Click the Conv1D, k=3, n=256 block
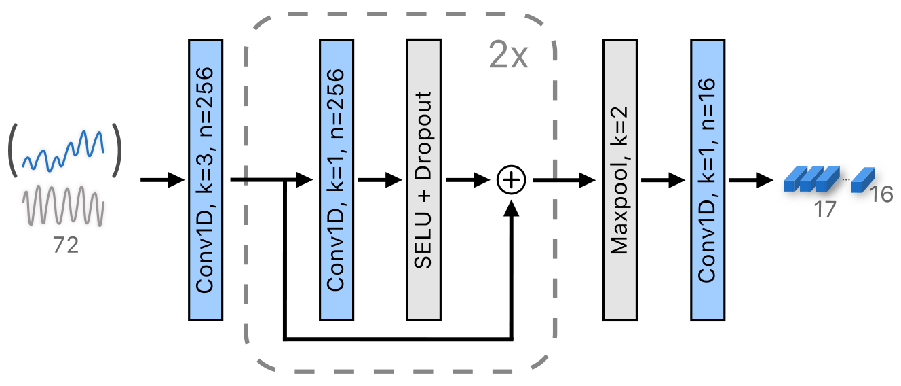pyautogui.click(x=205, y=179)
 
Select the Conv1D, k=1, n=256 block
pyautogui.click(x=337, y=179)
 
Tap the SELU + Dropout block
pyautogui.click(x=424, y=179)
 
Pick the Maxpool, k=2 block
pyautogui.click(x=620, y=179)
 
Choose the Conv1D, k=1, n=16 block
pyautogui.click(x=708, y=179)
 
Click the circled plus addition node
pyautogui.click(x=512, y=180)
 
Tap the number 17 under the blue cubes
pyautogui.click(x=825, y=209)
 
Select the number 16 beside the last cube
pyautogui.click(x=881, y=196)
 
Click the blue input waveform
pyautogui.click(x=63, y=151)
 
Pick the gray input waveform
pyautogui.click(x=63, y=205)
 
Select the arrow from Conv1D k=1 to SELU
pyautogui.click(x=380, y=180)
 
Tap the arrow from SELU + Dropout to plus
pyautogui.click(x=467, y=180)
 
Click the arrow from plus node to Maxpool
pyautogui.click(x=563, y=180)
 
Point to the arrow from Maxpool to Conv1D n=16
pyautogui.click(x=664, y=180)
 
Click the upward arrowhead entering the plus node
pyautogui.click(x=512, y=207)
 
